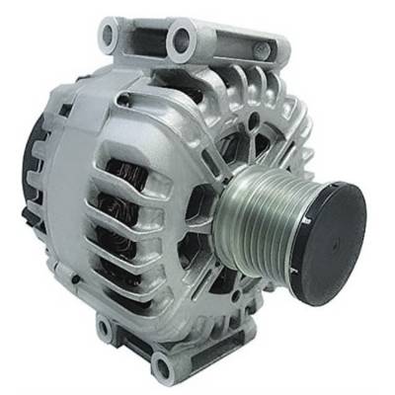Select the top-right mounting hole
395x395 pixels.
(x=182, y=40)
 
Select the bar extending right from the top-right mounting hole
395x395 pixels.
(x=237, y=44)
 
